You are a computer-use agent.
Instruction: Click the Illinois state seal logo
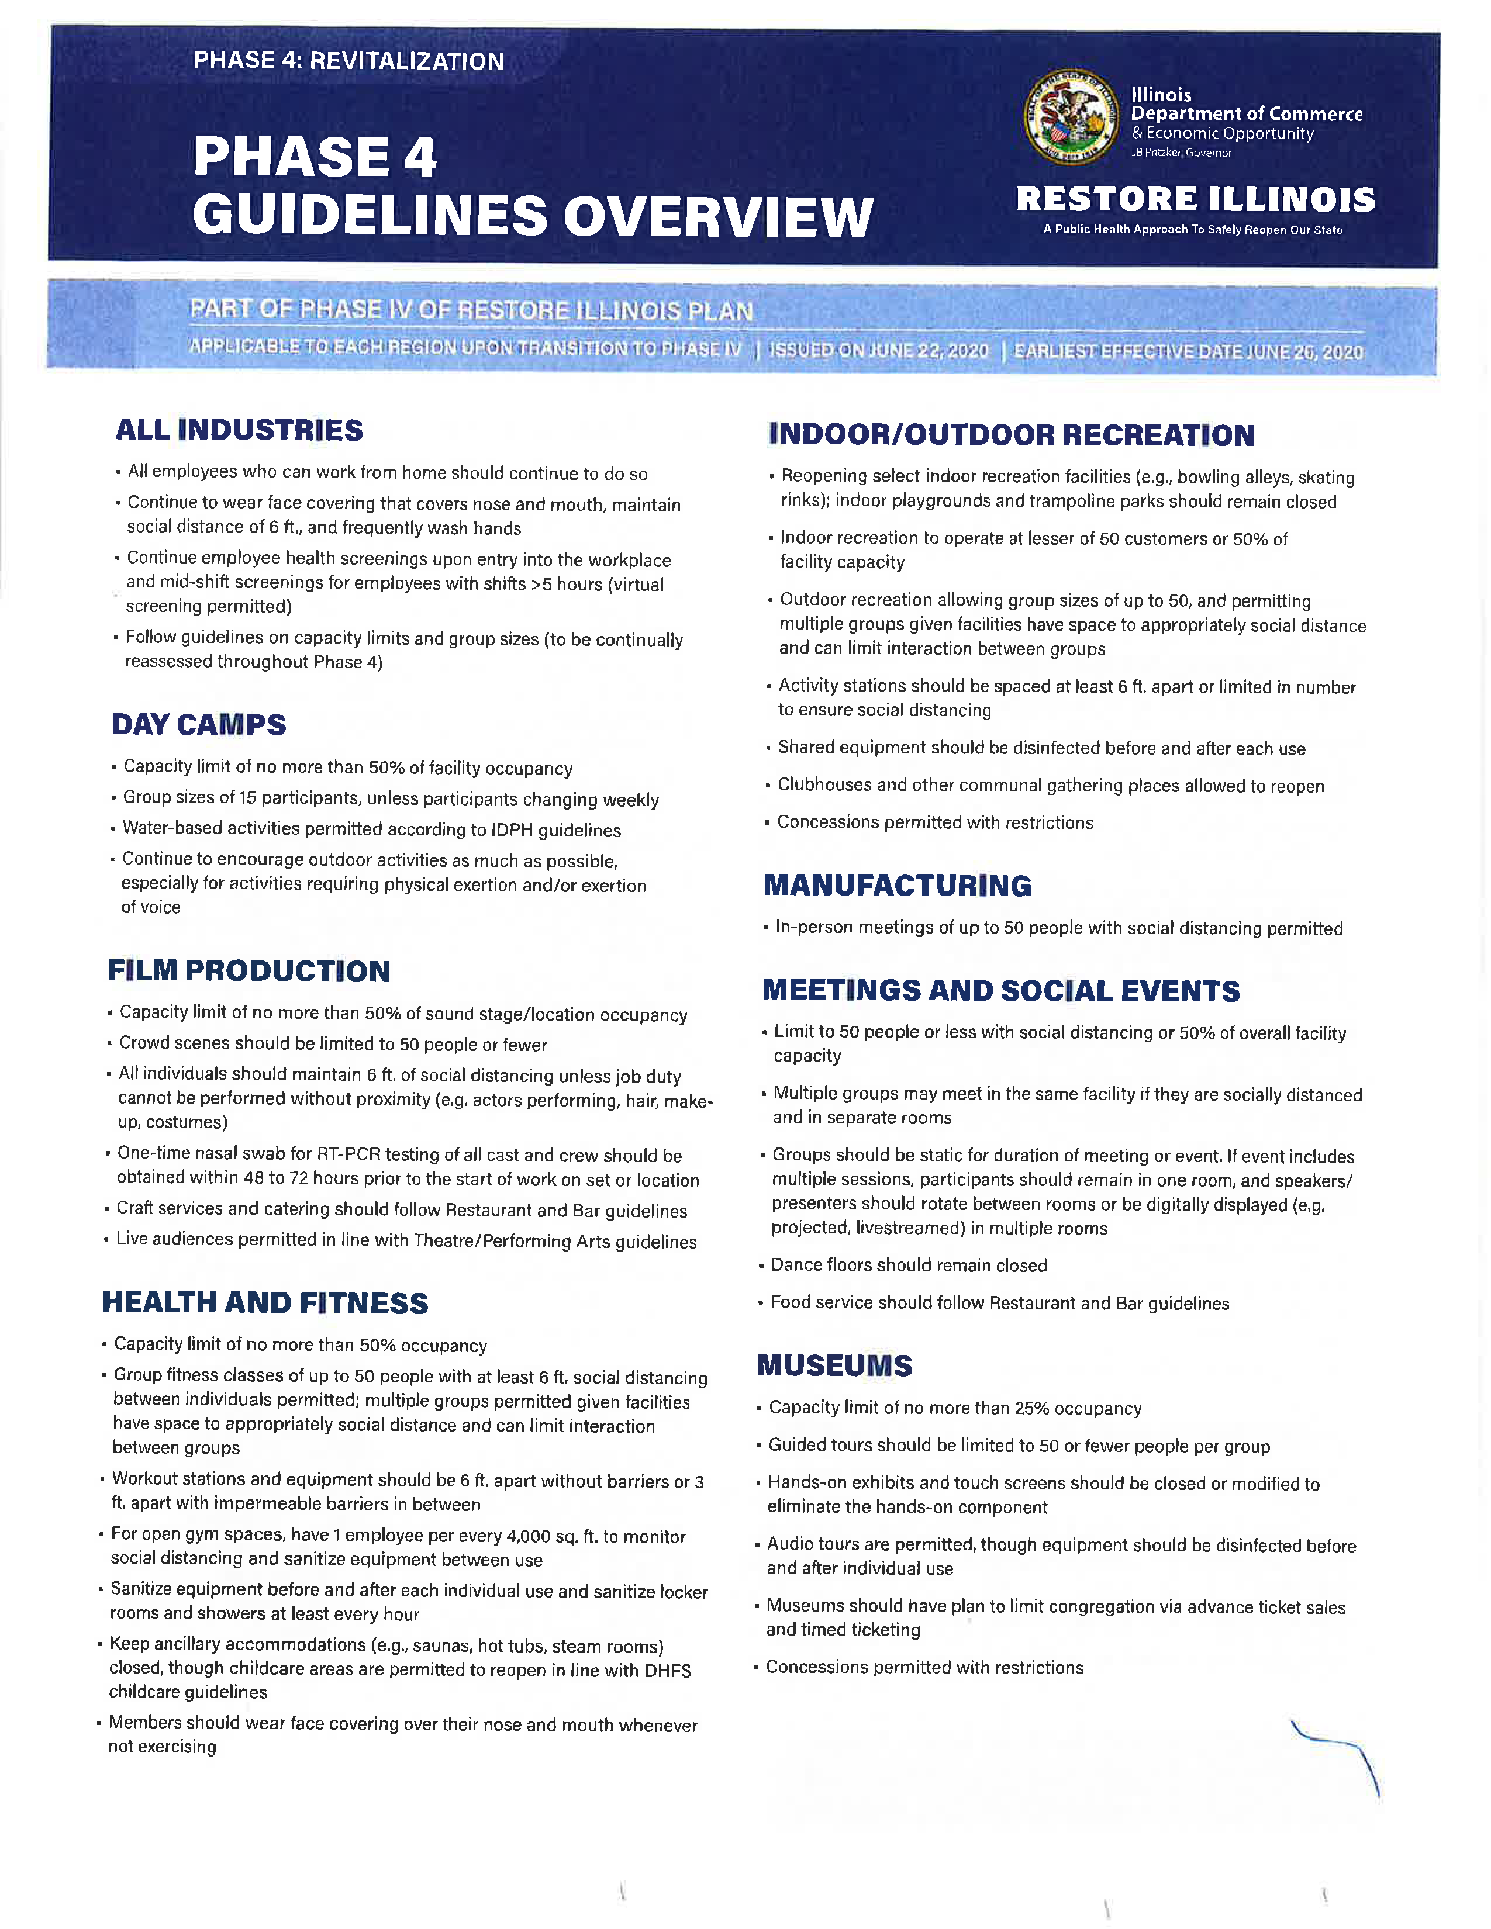click(1071, 116)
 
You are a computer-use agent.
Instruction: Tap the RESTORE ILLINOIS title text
click(1195, 199)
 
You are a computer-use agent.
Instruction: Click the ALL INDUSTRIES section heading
click(239, 430)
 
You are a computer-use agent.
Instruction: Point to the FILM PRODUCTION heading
click(249, 971)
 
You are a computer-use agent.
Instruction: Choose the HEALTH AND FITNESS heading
click(265, 1303)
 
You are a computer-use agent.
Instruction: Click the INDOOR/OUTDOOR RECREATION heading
click(1012, 434)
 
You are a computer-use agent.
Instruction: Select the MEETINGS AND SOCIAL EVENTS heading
click(1001, 991)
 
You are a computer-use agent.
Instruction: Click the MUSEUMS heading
click(835, 1365)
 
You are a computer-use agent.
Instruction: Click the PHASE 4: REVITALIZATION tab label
click(349, 61)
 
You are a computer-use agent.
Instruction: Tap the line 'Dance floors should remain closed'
click(909, 1266)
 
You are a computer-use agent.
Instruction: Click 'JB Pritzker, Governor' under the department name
click(1181, 153)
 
